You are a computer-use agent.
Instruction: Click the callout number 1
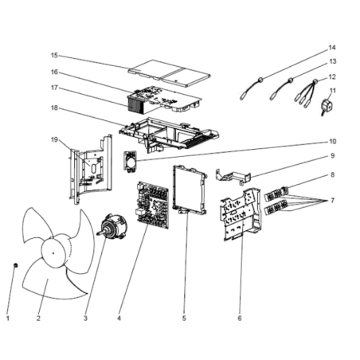(x=8, y=318)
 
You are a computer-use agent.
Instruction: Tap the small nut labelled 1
(x=16, y=265)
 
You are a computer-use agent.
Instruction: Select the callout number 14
(x=332, y=48)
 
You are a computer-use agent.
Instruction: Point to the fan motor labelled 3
(x=113, y=225)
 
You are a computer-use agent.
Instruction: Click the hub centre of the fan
(x=53, y=253)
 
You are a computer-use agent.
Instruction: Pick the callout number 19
(x=54, y=139)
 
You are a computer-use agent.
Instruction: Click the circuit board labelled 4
(x=154, y=205)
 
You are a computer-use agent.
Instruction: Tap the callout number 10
(x=333, y=142)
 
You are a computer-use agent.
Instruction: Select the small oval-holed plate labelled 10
(x=131, y=162)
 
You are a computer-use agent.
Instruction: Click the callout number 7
(x=333, y=201)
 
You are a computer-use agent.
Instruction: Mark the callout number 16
(x=54, y=72)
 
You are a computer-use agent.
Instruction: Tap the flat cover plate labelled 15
(x=170, y=73)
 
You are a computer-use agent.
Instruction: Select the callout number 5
(x=184, y=318)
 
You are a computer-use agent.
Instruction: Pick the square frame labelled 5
(x=190, y=190)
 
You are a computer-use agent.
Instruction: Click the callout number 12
(x=332, y=77)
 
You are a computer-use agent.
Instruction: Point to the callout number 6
(x=240, y=318)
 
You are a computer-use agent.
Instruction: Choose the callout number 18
(x=54, y=108)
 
